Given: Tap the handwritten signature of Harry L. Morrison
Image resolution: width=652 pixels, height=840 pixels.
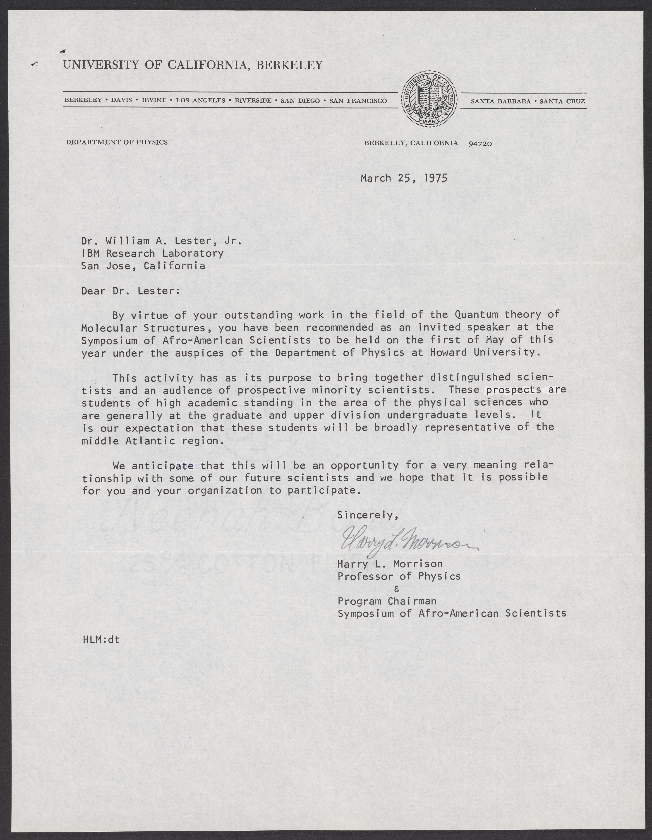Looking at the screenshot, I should point(407,544).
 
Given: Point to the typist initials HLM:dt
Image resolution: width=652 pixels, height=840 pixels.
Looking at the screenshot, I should point(101,640).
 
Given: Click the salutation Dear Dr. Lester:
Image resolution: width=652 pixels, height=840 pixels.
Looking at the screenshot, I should point(130,291).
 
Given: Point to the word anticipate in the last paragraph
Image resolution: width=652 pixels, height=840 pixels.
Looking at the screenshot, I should point(163,466).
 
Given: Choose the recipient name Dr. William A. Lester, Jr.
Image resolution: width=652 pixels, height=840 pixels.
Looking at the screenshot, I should point(161,241).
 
